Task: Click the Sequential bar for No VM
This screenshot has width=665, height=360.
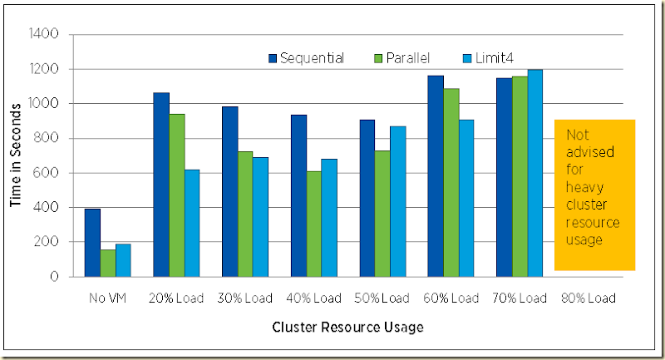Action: click(92, 243)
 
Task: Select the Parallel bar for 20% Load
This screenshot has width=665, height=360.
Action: click(176, 195)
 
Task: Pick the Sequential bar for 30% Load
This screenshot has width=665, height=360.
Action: click(229, 191)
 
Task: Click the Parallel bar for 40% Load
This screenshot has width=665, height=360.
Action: click(314, 224)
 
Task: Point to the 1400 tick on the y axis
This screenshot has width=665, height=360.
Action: click(44, 35)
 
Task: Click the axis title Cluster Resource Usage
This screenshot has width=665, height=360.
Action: click(348, 328)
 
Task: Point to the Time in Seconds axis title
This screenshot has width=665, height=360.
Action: click(16, 155)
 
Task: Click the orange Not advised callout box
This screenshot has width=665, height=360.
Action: click(594, 195)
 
